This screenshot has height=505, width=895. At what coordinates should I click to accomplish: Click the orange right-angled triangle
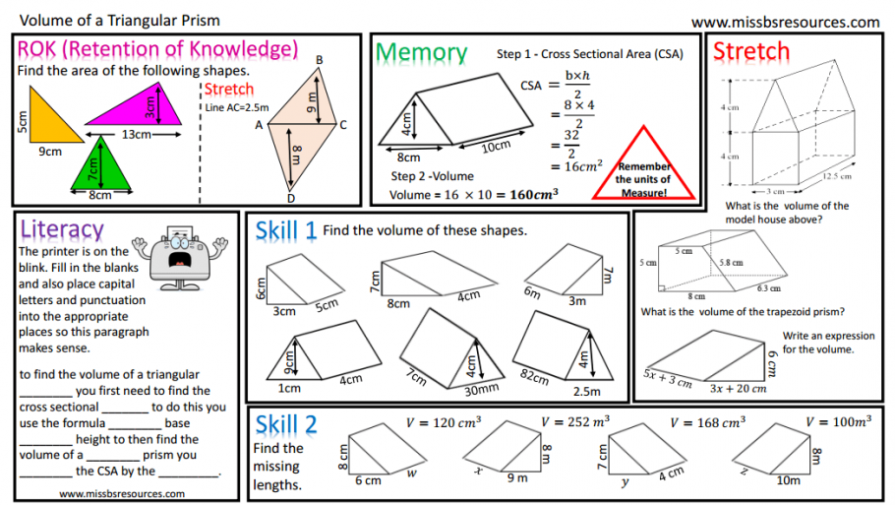tap(47, 120)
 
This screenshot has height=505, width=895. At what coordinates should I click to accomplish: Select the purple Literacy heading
tap(61, 228)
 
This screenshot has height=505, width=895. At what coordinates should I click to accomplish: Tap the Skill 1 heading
tap(285, 230)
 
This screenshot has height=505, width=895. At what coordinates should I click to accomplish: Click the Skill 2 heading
tap(285, 424)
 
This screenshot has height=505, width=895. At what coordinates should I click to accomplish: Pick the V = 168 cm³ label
tap(707, 422)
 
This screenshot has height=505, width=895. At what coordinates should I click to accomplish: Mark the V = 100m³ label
tap(838, 422)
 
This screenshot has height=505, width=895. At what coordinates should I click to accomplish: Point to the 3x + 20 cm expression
tap(738, 388)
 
